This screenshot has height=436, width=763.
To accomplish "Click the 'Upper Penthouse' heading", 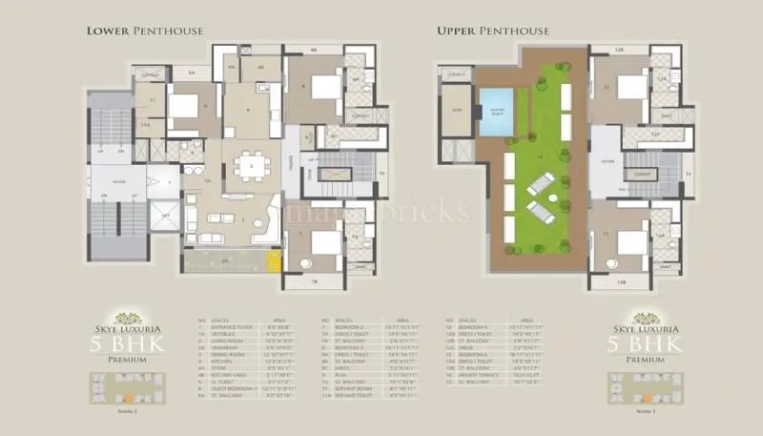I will click(x=493, y=31).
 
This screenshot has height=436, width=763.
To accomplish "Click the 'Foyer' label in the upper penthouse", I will click(x=605, y=161).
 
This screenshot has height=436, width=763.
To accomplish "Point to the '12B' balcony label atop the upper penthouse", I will click(x=617, y=50).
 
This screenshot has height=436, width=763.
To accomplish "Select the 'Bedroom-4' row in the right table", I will click(x=485, y=324).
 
